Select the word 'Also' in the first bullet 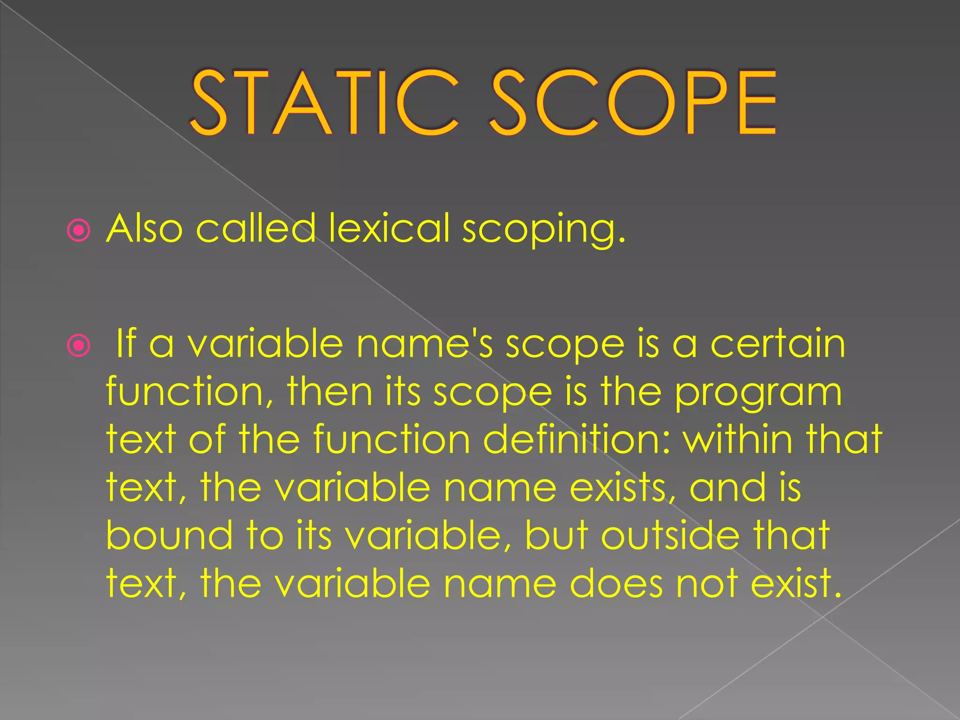point(144,228)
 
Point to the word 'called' point(256,228)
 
